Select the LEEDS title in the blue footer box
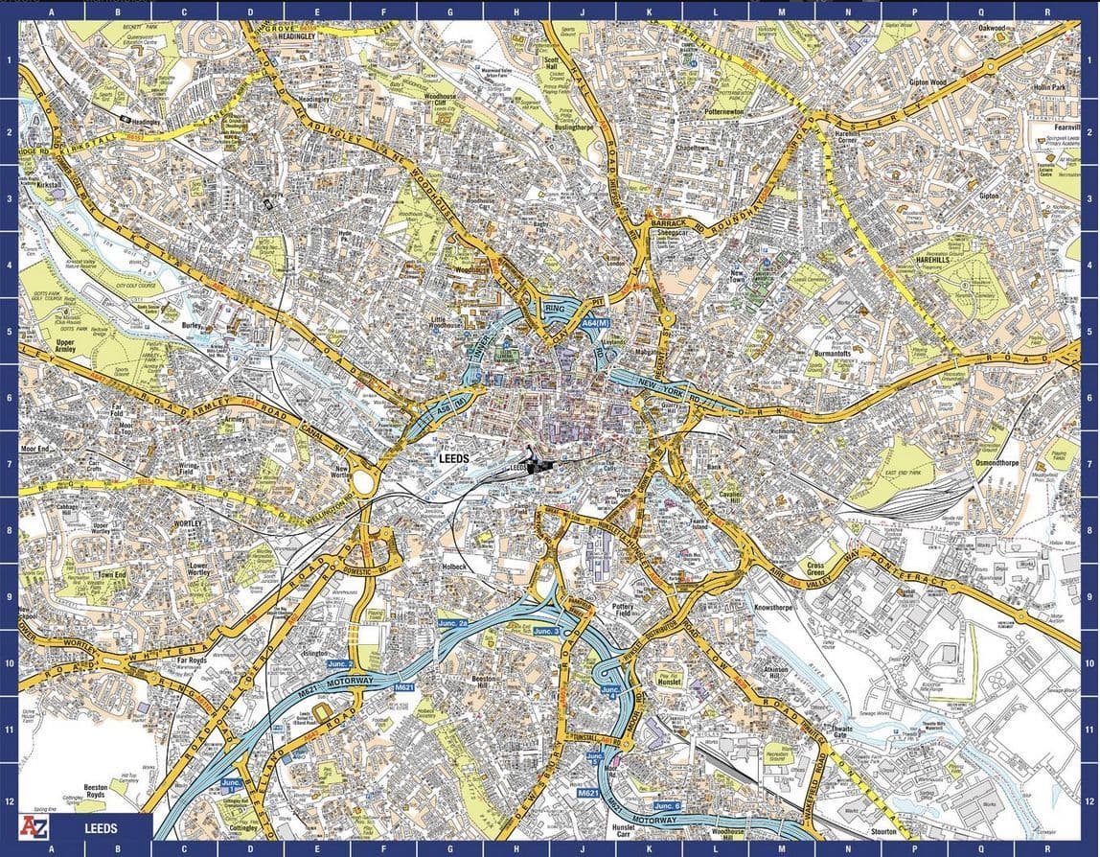click(x=100, y=826)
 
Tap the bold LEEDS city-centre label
click(x=452, y=459)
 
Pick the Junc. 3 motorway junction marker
click(x=546, y=631)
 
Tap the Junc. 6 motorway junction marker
click(x=668, y=806)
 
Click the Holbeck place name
click(x=453, y=567)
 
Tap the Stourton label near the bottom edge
click(x=882, y=832)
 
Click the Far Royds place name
click(x=191, y=660)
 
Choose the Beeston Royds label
click(x=95, y=790)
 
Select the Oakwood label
click(x=991, y=29)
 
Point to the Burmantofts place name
click(x=832, y=354)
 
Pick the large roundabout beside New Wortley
click(x=365, y=476)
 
